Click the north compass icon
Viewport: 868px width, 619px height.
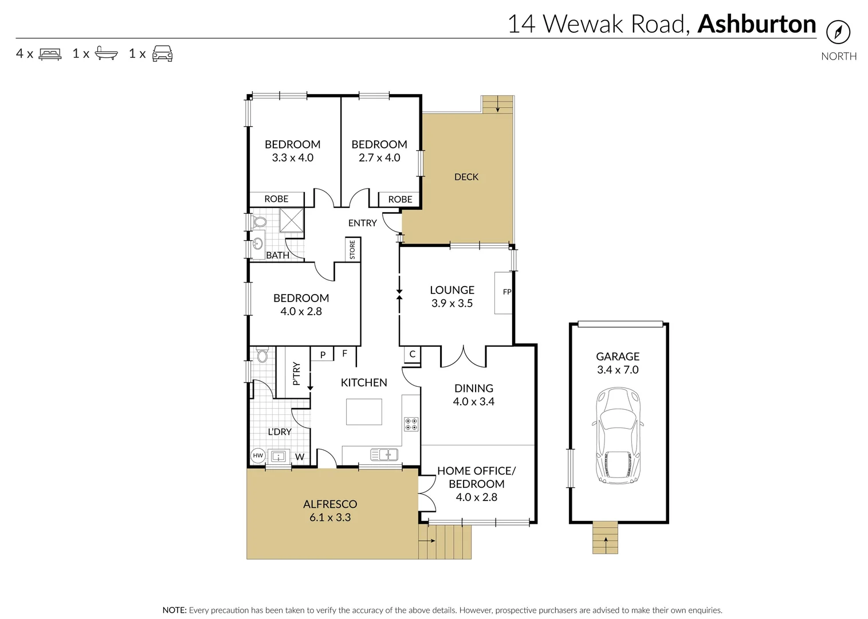tap(838, 32)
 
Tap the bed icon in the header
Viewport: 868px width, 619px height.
tap(50, 54)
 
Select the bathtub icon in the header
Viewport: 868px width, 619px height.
tap(106, 53)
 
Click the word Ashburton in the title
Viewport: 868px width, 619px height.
tap(756, 24)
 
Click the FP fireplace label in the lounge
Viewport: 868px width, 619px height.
tap(506, 292)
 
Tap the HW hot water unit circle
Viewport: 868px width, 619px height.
tap(258, 456)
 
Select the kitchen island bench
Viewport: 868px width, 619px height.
tap(364, 412)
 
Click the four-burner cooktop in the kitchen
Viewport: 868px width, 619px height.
tap(411, 424)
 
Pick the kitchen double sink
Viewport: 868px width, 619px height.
tap(384, 455)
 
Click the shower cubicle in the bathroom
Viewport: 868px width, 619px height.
tap(291, 220)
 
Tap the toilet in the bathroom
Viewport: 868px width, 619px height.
tap(260, 222)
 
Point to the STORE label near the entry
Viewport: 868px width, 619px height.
tap(352, 249)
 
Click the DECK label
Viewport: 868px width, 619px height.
tap(466, 177)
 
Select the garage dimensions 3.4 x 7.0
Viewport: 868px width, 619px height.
tap(617, 370)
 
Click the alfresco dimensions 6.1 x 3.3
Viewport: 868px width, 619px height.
tap(330, 517)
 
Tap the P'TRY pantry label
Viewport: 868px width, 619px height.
tap(296, 373)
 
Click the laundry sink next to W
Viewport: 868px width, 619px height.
tap(278, 456)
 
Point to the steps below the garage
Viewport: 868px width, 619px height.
tap(605, 538)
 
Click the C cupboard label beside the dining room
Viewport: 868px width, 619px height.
tap(412, 354)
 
